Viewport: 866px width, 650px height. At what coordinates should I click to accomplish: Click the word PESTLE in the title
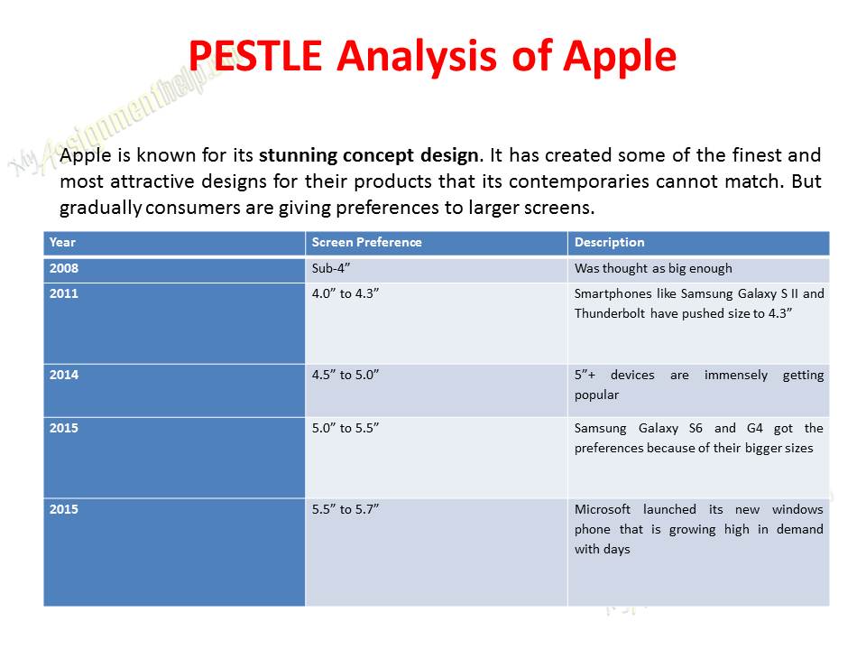[x=255, y=55]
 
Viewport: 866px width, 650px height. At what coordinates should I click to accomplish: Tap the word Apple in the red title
[x=620, y=58]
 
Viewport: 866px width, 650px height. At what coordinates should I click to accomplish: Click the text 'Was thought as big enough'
[x=653, y=269]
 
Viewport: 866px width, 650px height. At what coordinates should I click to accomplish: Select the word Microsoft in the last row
[x=602, y=509]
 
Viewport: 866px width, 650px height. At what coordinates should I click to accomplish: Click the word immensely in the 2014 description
[x=736, y=376]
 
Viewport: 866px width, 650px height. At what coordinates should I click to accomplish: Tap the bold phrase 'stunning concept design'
[x=368, y=155]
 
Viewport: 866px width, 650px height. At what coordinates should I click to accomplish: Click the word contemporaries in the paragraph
[x=579, y=181]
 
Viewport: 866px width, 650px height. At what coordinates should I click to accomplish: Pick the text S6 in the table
[x=696, y=428]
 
